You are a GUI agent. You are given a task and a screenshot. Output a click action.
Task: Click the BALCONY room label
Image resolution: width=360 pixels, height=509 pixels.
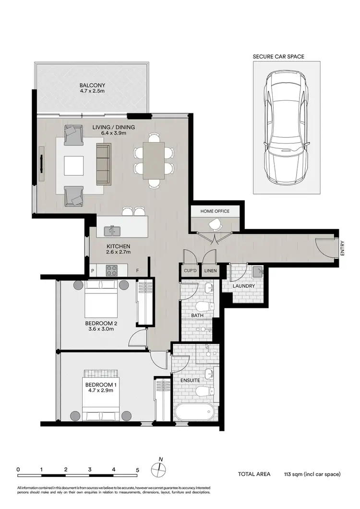[92, 86]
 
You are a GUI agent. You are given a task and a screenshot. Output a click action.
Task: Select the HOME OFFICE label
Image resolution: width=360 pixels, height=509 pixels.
[215, 211]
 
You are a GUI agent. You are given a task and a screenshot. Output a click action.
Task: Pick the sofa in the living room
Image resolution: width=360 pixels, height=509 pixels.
[104, 164]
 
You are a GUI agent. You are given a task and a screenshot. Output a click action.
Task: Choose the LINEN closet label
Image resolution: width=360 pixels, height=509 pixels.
[210, 271]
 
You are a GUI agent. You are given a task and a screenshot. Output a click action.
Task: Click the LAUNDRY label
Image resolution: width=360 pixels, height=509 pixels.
[243, 286]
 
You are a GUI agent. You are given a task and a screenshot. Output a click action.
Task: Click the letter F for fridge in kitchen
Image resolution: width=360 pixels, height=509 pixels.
[138, 271]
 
